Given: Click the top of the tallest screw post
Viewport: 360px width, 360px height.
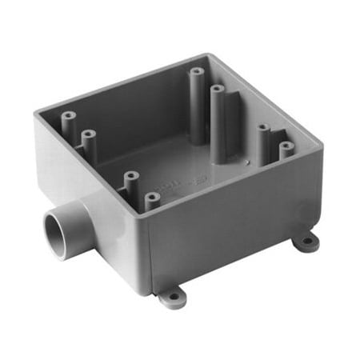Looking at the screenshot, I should pos(196,73).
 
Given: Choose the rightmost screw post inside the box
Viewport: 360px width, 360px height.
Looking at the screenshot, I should pos(286,149).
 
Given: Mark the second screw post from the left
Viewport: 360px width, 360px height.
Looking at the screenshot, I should pos(88,136).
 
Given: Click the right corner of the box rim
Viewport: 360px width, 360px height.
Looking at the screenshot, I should pos(319,145).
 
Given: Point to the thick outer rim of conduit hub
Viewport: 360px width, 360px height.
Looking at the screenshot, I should pos(49,240).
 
